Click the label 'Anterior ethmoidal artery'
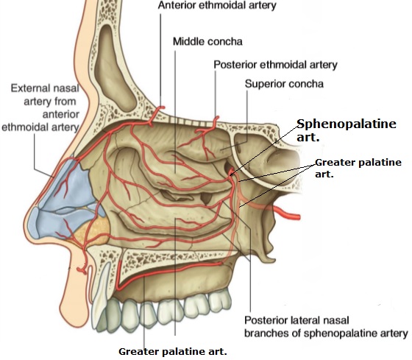pos(217,5)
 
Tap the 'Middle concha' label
pos(207,41)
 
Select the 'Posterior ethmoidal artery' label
pos(275,65)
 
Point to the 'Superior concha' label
pos(284,84)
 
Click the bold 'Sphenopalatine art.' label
pos(347,130)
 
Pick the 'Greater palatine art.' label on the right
pos(358,168)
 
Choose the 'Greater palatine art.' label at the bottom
pos(173,351)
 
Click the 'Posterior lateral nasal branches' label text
pos(326,327)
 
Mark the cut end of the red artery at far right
pos(299,217)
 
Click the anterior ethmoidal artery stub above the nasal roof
pos(157,113)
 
